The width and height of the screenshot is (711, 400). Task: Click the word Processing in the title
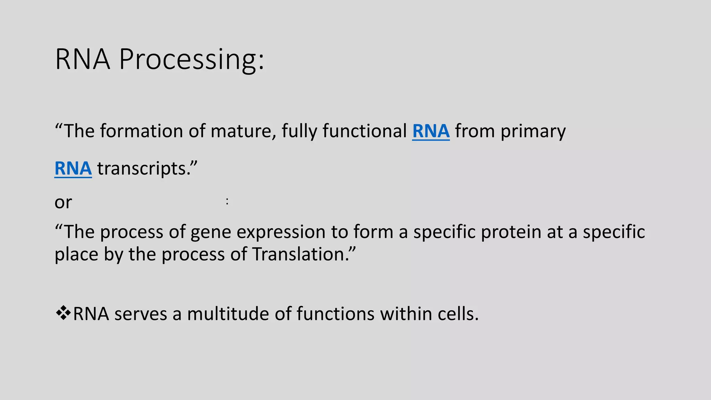(x=192, y=60)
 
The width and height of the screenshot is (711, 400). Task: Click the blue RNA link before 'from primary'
(x=431, y=131)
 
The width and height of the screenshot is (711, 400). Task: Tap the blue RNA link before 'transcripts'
(x=73, y=169)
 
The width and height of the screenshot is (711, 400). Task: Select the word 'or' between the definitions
(x=63, y=202)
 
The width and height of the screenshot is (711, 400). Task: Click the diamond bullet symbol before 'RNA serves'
(x=63, y=313)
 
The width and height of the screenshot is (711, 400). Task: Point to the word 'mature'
(x=241, y=131)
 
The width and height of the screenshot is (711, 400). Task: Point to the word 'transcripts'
(x=147, y=169)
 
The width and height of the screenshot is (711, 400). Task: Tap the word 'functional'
(x=365, y=131)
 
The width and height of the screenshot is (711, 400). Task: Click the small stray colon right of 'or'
(x=227, y=201)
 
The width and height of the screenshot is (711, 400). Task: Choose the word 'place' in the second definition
(x=76, y=255)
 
